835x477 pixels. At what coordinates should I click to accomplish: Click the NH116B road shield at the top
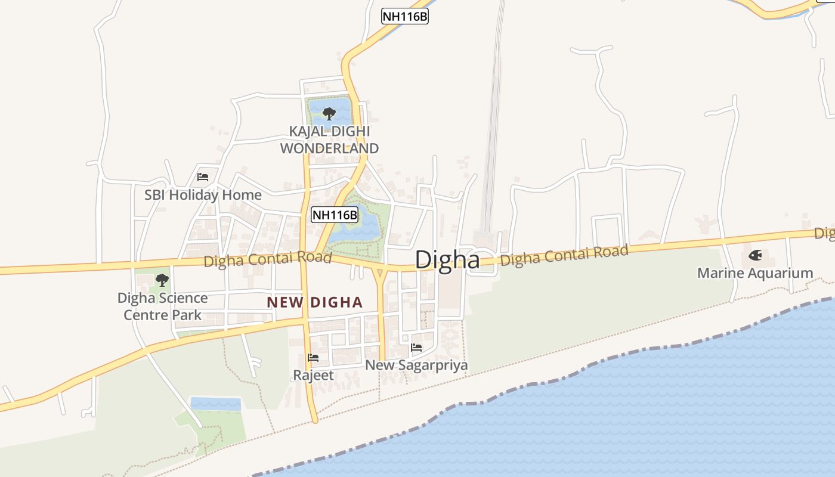pos(405,16)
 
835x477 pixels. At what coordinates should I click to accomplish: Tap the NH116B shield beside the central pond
pos(335,215)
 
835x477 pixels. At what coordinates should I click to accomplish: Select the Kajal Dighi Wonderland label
pos(330,140)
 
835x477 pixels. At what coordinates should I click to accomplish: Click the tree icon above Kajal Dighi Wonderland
pos(329,113)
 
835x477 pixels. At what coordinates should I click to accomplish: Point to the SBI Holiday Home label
pos(203,195)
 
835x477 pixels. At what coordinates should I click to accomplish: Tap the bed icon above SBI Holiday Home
pos(203,177)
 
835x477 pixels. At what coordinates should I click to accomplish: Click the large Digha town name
pos(447,260)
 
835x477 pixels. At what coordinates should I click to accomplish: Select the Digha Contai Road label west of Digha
pos(267,259)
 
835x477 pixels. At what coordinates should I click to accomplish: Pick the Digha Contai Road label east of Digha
pos(564,256)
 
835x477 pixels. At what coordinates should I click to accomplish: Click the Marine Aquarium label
pos(755,273)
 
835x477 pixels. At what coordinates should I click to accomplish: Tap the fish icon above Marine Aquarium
pos(755,256)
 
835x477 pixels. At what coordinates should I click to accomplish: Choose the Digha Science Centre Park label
pos(162,306)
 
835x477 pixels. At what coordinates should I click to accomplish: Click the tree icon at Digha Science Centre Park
pos(162,279)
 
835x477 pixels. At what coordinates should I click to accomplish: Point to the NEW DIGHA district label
pos(314,302)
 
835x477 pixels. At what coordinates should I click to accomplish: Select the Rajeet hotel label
pos(313,376)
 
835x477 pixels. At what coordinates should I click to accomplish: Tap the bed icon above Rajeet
pos(313,358)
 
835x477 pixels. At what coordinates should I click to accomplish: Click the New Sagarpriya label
pos(416,365)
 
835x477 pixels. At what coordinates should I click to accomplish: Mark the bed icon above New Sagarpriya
pos(416,347)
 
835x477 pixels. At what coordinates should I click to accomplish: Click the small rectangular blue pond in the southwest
pos(215,404)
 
